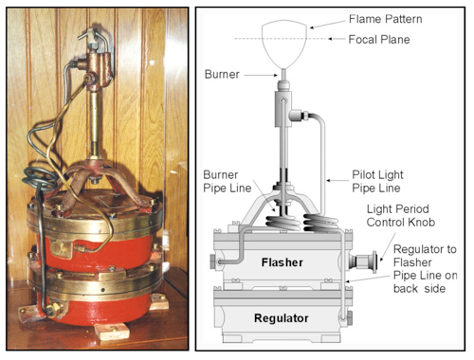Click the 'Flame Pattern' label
coord(386,19)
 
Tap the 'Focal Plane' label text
coord(379,40)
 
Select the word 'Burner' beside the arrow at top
coord(222,74)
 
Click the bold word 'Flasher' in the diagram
coord(283,262)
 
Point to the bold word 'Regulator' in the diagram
coord(282,318)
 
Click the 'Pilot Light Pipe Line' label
coord(377,181)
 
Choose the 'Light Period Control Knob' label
coord(401,216)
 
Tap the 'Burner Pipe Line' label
coord(227,181)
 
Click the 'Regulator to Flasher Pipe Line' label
coord(425,269)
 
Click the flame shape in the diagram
coord(284,45)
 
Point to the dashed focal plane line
coord(282,39)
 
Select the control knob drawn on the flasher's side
coord(363,261)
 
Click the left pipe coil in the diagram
coord(283,222)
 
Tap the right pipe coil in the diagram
coord(320,222)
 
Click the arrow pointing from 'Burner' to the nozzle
coord(261,75)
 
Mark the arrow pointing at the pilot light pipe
coord(337,181)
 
